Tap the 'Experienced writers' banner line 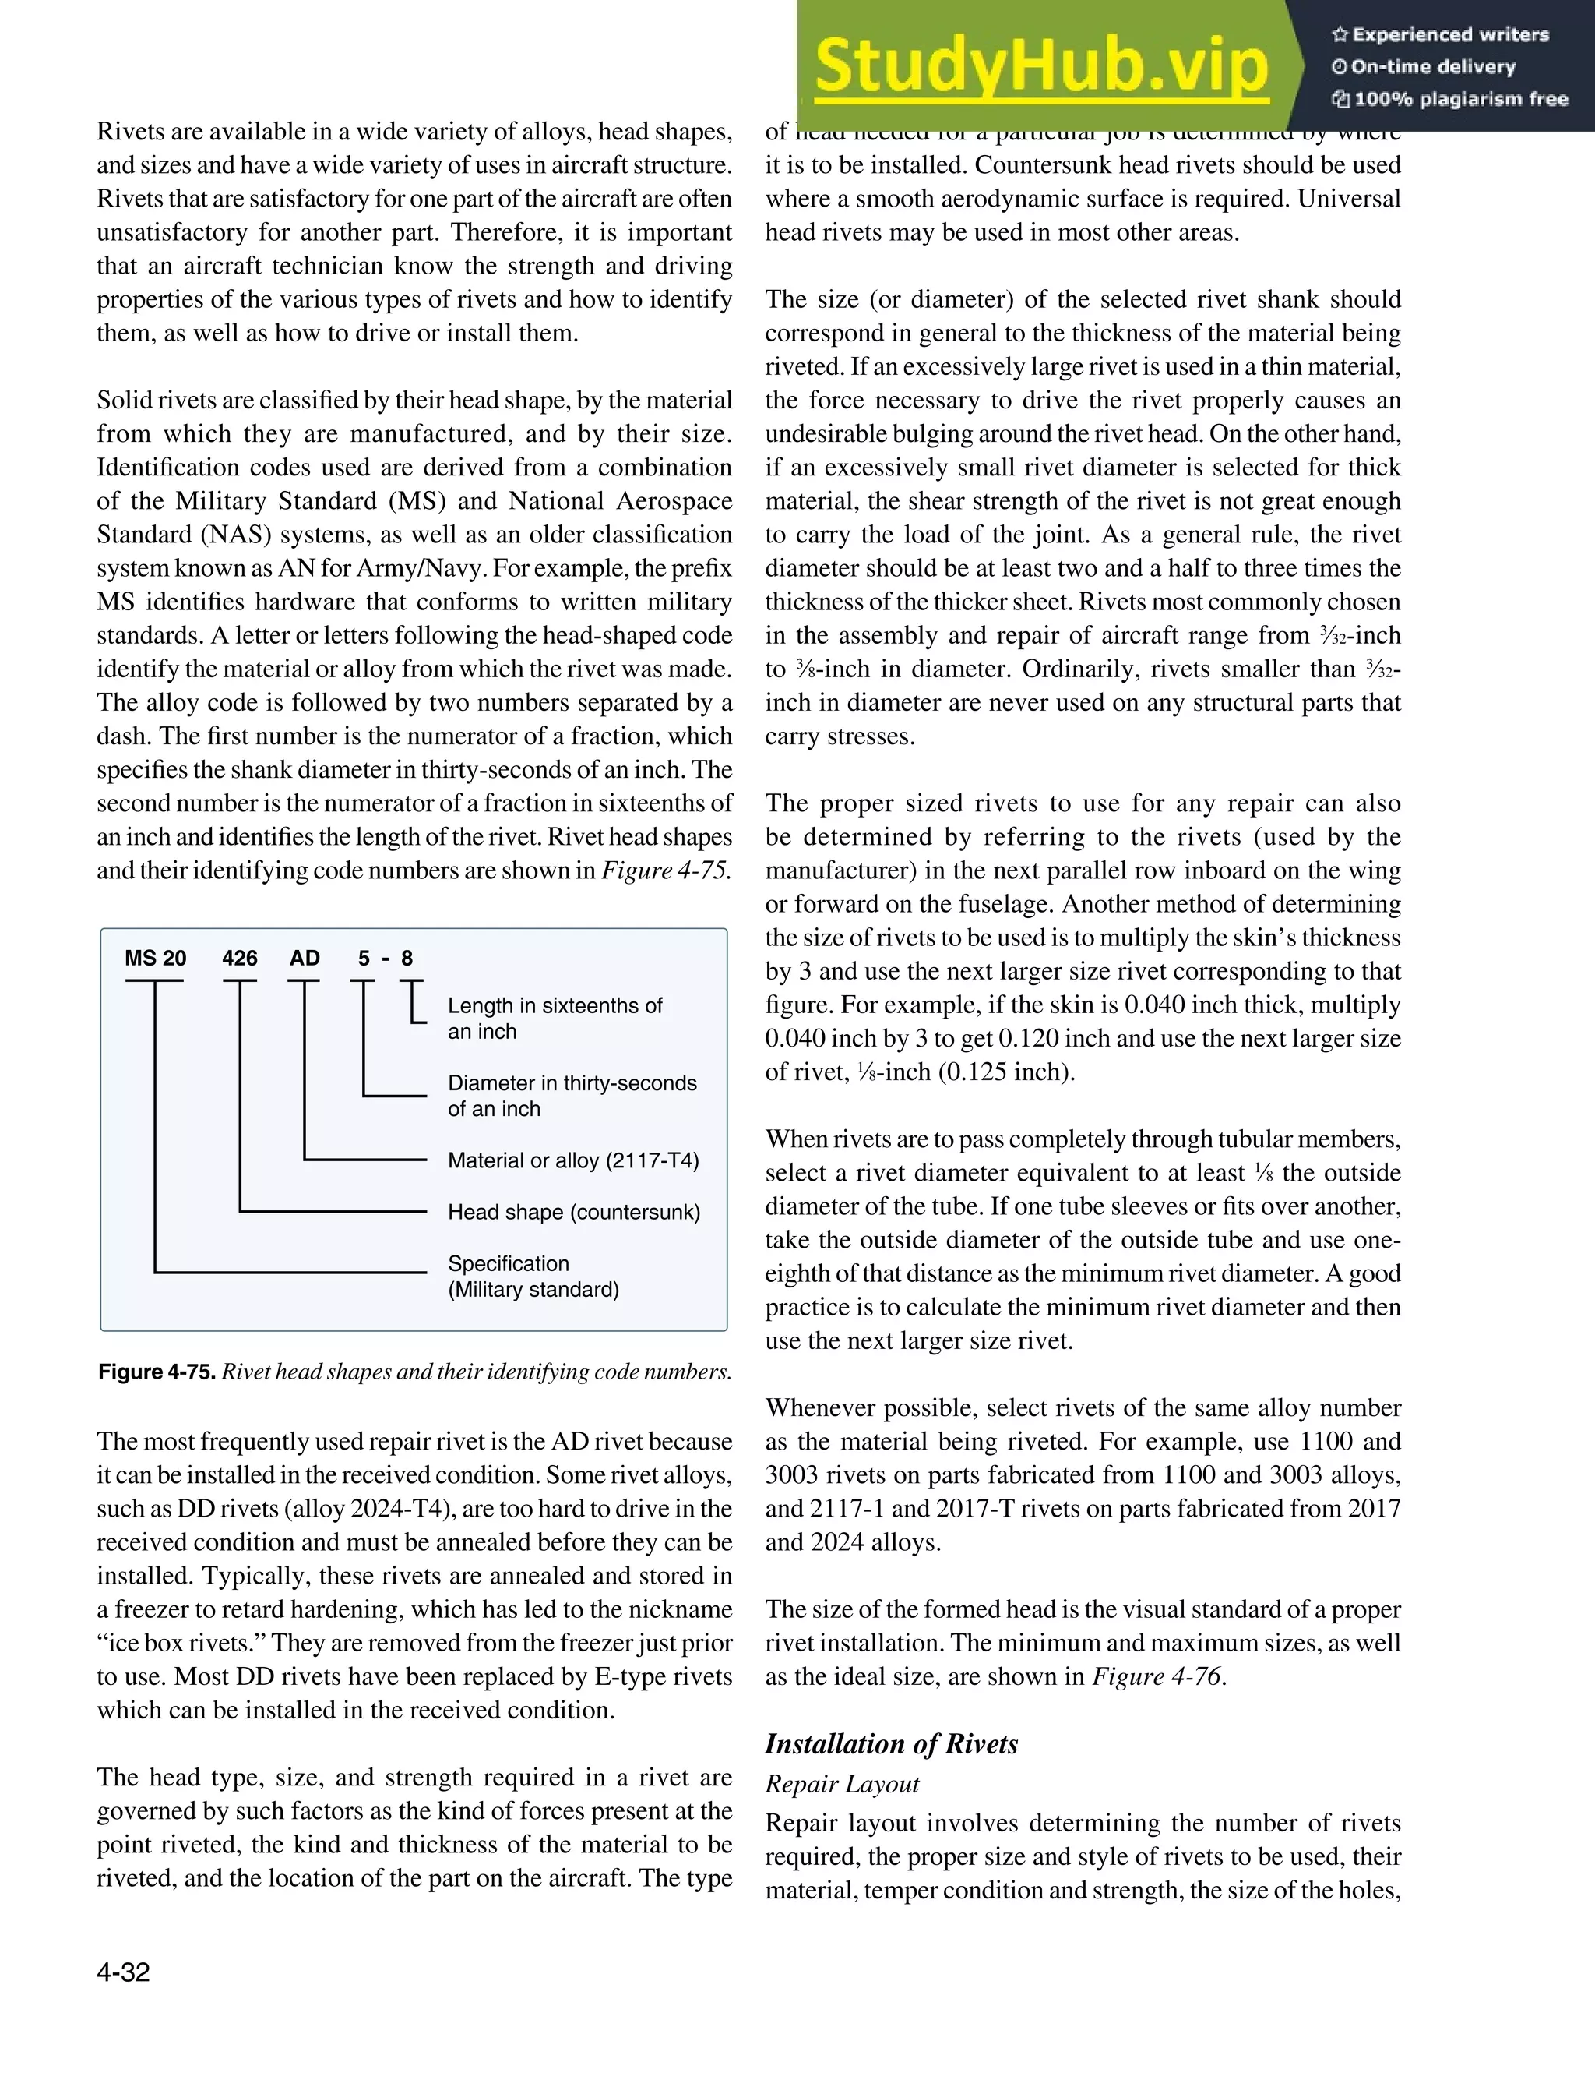click(1440, 35)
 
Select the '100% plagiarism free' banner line click(1449, 99)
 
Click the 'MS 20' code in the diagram click(156, 959)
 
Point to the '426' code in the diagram click(239, 959)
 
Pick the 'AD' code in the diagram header click(305, 959)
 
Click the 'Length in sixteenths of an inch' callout click(555, 1018)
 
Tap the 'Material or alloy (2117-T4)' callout click(573, 1160)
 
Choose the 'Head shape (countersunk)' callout click(573, 1212)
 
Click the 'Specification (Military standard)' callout click(533, 1277)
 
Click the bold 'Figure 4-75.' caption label click(157, 1372)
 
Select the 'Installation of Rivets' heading click(892, 1744)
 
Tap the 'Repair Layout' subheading click(842, 1784)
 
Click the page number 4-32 click(123, 1972)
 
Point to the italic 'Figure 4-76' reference click(1157, 1676)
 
